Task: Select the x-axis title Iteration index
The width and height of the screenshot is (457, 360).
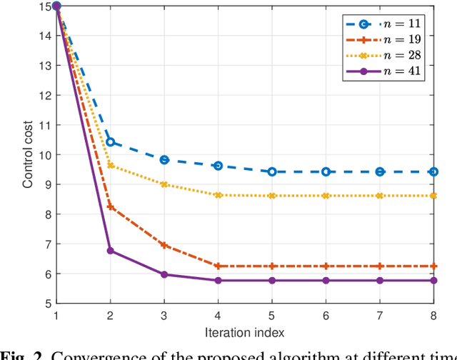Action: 245,332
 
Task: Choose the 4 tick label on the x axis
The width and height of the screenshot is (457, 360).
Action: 218,315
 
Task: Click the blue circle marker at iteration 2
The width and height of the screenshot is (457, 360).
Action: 110,142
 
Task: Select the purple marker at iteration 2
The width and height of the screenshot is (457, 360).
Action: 110,251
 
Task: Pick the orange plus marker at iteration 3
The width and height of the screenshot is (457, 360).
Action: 164,245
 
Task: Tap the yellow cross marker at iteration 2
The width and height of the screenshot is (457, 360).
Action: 110,165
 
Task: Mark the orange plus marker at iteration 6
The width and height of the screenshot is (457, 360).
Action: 326,266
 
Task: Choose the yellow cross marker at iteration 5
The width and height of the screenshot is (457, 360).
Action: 272,196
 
